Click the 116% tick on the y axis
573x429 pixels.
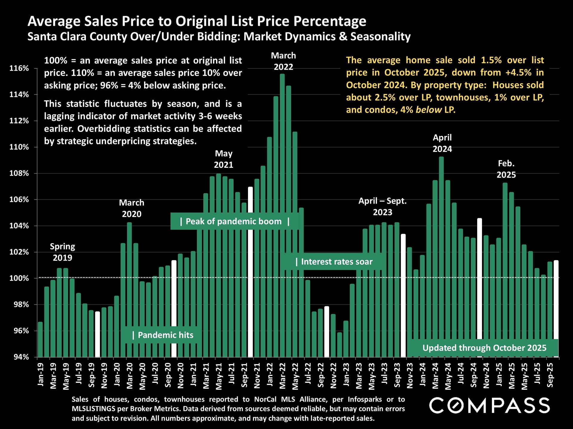click(19, 69)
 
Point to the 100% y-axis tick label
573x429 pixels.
click(19, 279)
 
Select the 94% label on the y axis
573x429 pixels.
click(21, 357)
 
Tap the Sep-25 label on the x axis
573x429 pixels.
click(550, 375)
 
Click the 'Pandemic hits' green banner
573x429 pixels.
click(163, 335)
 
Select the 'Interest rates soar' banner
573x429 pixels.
click(334, 262)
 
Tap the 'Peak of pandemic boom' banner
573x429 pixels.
click(235, 221)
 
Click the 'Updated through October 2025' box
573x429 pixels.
click(484, 348)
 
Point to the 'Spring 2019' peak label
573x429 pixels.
click(62, 252)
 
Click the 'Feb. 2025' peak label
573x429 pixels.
click(506, 169)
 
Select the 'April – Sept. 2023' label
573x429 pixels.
click(383, 206)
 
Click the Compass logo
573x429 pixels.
click(489, 405)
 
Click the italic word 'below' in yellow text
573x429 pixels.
click(429, 110)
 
